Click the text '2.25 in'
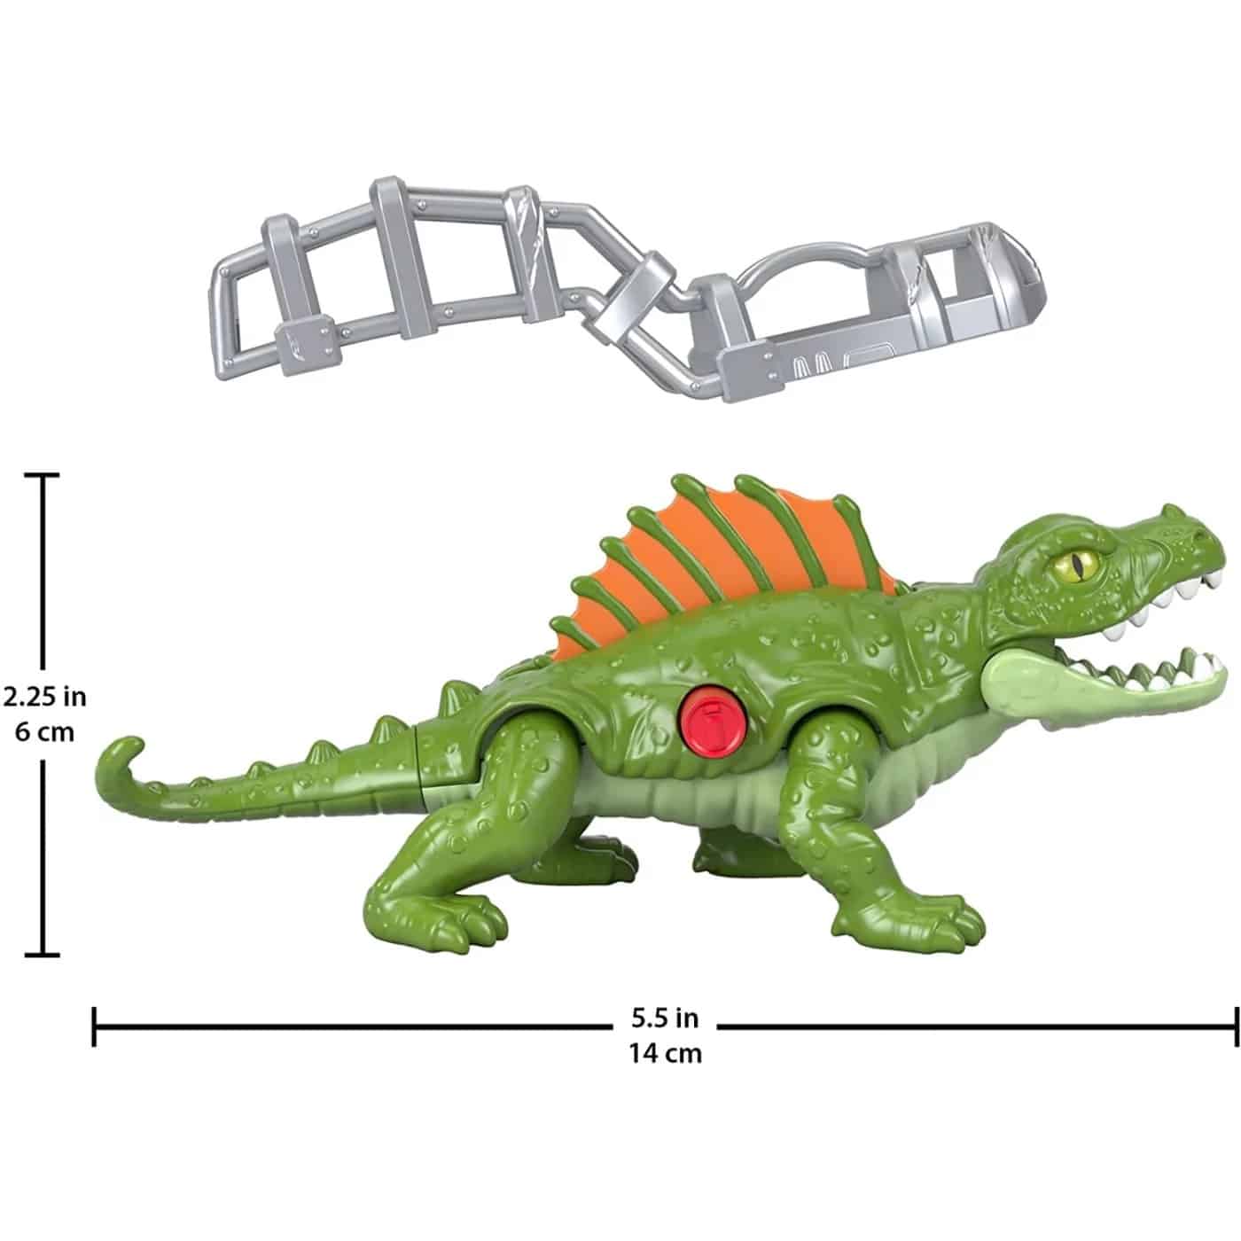tap(44, 697)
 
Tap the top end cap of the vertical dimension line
tap(42, 476)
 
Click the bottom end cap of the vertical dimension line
tap(42, 955)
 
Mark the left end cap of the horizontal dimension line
tap(95, 1026)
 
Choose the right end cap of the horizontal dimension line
tap(1235, 1026)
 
